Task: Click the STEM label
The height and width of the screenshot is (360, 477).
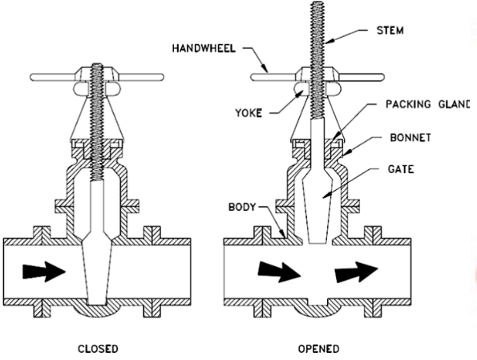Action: pos(390,30)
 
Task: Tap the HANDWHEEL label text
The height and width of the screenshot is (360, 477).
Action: pos(204,48)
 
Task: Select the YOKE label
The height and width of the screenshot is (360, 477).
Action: pos(249,113)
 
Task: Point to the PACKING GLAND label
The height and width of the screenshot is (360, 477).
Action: pos(428,104)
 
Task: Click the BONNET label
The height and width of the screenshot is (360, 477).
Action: pos(410,138)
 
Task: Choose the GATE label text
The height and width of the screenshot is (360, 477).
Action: pos(401,169)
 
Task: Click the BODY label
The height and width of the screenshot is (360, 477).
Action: pos(242,207)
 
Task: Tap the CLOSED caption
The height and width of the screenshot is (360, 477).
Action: pos(98,349)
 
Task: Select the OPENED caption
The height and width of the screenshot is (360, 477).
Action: pos(318,349)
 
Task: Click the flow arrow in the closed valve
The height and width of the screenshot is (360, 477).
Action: pos(44,272)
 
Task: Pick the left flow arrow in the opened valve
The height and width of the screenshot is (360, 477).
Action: pos(279,272)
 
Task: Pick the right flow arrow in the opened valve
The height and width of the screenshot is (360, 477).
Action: pos(356,272)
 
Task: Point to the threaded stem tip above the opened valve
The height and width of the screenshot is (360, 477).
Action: pos(317,3)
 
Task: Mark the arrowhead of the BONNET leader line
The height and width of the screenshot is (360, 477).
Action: pos(347,152)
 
